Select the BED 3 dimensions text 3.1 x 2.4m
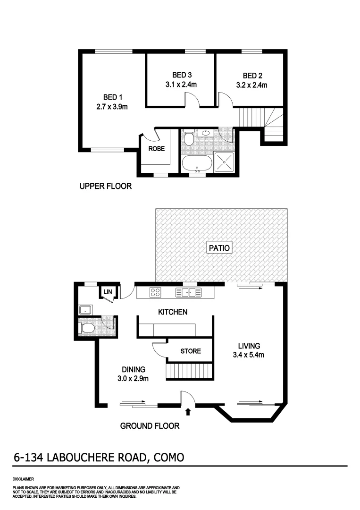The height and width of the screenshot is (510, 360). tap(181, 85)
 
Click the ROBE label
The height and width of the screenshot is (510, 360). tap(156, 148)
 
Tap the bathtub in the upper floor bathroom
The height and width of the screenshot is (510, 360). tap(198, 163)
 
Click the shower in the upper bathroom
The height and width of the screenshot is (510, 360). tap(224, 162)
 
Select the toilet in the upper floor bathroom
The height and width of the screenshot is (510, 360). tap(189, 138)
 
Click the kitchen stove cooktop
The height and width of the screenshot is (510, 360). tap(156, 292)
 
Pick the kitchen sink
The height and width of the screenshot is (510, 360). tap(188, 292)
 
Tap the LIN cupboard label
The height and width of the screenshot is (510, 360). tap(108, 292)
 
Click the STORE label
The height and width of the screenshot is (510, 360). tap(191, 351)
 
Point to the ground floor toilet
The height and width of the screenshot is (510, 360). tap(88, 328)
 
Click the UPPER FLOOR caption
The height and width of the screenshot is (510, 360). tap(105, 186)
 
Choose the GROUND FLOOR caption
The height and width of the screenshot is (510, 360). tap(150, 426)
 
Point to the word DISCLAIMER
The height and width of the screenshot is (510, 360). tap(23, 479)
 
